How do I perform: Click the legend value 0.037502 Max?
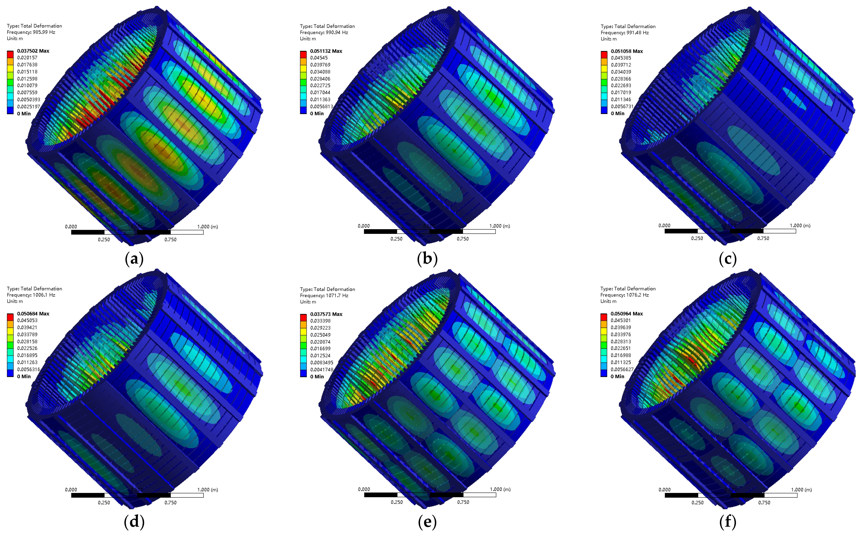click(33, 51)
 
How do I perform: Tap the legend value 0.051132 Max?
click(326, 51)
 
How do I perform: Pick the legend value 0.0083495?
click(321, 362)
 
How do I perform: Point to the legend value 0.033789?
click(27, 334)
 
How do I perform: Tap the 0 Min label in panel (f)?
click(617, 377)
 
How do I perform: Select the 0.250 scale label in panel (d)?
click(104, 502)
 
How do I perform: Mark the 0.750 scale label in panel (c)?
click(763, 238)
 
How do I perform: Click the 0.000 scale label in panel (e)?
click(364, 489)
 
